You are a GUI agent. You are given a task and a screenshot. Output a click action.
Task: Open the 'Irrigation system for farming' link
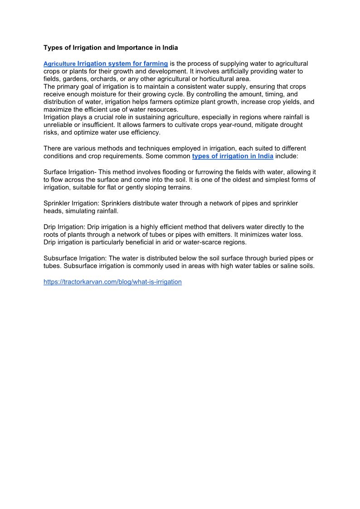[122, 63]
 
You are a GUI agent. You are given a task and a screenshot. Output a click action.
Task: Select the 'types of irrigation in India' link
[233, 156]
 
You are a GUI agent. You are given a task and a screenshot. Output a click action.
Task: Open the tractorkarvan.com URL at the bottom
[112, 282]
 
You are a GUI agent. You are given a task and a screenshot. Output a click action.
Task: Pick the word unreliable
[60, 125]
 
